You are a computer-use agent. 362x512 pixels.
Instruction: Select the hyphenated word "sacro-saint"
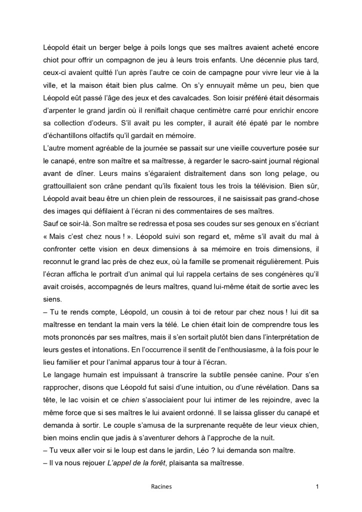click(x=216, y=158)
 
